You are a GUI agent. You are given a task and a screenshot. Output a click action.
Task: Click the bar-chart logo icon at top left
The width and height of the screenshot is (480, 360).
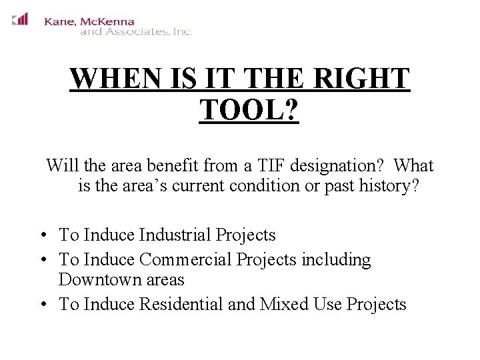click(20, 19)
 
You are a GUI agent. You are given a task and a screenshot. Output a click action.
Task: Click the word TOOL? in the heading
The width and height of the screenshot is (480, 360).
click(249, 109)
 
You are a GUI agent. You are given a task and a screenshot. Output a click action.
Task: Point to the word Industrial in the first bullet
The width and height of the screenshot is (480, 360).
click(175, 235)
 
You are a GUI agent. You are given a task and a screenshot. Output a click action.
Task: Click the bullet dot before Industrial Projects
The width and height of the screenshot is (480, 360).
click(42, 235)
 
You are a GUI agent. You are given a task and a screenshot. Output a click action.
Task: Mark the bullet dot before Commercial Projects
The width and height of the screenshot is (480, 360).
click(42, 260)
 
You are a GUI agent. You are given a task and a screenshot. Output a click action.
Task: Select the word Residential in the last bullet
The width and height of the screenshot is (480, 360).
click(181, 304)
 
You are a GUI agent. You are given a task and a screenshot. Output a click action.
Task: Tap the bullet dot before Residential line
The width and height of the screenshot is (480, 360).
click(42, 305)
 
